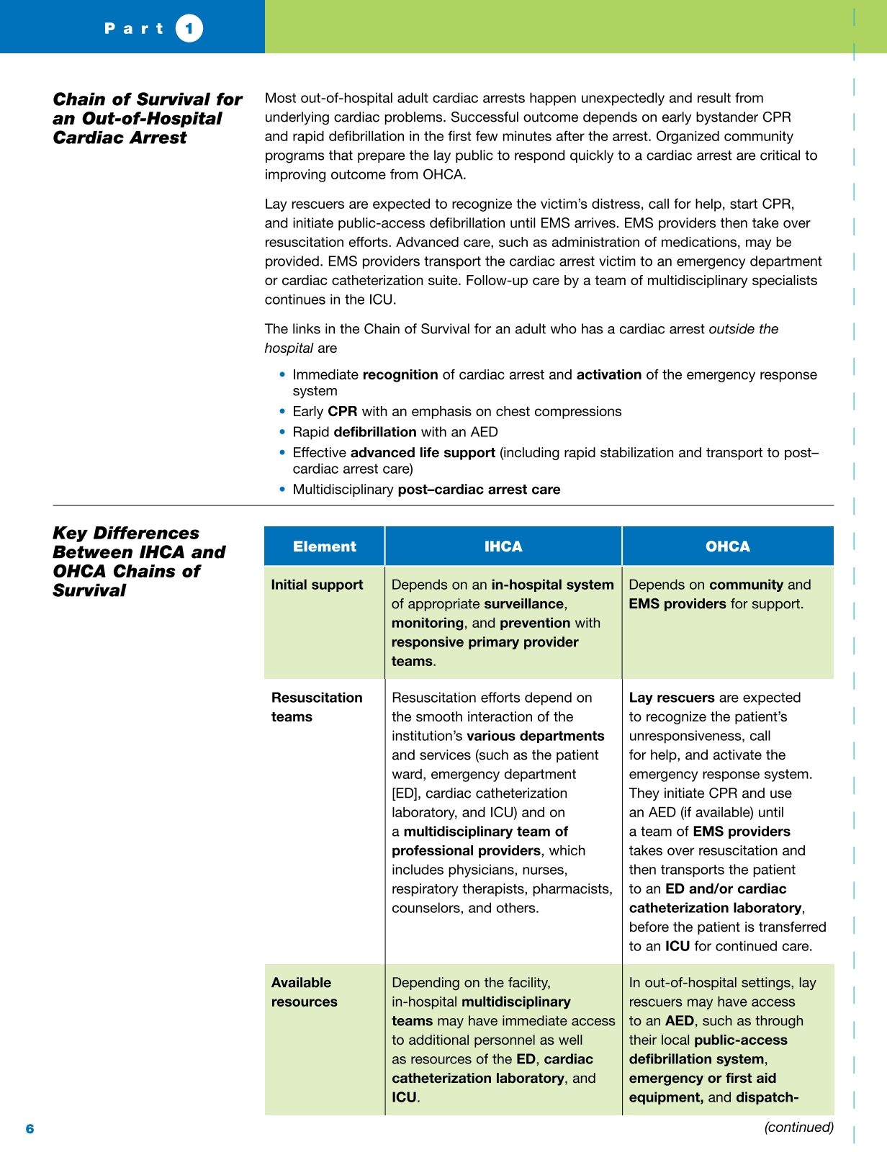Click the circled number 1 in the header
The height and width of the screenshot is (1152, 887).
[189, 29]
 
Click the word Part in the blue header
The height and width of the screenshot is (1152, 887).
[135, 29]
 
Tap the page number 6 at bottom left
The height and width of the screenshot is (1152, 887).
[30, 1128]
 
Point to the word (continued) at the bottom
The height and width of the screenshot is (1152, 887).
[798, 1127]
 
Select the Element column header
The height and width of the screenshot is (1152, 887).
[324, 546]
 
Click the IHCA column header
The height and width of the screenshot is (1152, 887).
[503, 546]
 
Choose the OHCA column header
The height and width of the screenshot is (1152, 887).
[728, 546]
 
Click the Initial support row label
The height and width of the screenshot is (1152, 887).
[317, 585]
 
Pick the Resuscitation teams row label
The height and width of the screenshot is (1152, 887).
[317, 707]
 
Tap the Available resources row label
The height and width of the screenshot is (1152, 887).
[304, 992]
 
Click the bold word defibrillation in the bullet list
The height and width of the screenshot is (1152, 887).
[375, 432]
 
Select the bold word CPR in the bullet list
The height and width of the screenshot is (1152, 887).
[343, 412]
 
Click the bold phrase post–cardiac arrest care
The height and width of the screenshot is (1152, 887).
[479, 490]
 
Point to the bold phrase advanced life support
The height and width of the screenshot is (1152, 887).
[423, 453]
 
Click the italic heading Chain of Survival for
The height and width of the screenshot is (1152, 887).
[148, 99]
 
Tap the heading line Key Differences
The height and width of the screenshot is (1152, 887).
[126, 534]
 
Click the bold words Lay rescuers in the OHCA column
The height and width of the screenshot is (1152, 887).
[672, 698]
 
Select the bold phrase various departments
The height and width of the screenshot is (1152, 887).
[536, 736]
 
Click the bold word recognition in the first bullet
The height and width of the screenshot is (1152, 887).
[400, 375]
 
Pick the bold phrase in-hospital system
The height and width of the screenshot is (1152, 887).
[553, 585]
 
